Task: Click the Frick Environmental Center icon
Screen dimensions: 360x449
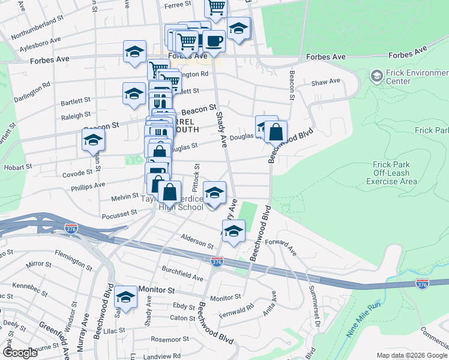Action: [x=376, y=76]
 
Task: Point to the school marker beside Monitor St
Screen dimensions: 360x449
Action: [x=126, y=296]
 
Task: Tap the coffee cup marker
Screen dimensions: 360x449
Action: [x=213, y=41]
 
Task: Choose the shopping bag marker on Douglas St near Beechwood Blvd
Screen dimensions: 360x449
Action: [x=276, y=132]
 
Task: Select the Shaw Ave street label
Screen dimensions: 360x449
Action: [x=325, y=81]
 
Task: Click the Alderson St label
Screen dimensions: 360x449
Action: [x=197, y=241]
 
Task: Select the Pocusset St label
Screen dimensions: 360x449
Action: [x=119, y=214]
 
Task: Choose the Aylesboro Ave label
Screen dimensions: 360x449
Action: [x=40, y=43]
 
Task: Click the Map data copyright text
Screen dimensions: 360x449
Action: [x=411, y=355]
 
